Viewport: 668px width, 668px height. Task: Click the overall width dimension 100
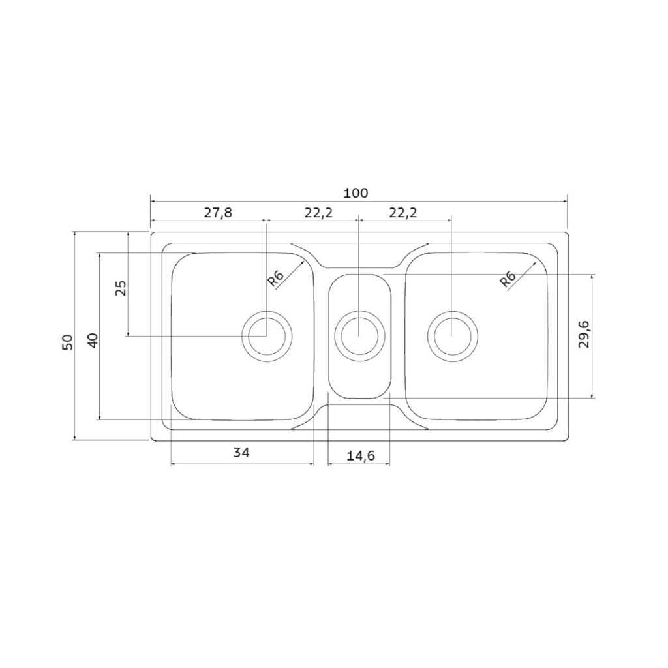[356, 193]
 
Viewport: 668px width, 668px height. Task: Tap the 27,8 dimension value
[218, 213]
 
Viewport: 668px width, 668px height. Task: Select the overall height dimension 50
[68, 342]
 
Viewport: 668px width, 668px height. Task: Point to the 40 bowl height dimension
[93, 341]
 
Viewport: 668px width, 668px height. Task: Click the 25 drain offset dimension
[121, 288]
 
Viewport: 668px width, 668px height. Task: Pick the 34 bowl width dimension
[241, 452]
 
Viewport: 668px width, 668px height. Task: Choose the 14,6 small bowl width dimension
[360, 456]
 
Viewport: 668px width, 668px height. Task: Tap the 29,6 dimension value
[584, 335]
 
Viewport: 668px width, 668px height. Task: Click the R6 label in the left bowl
[276, 279]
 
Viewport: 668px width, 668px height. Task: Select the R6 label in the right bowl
[508, 280]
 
